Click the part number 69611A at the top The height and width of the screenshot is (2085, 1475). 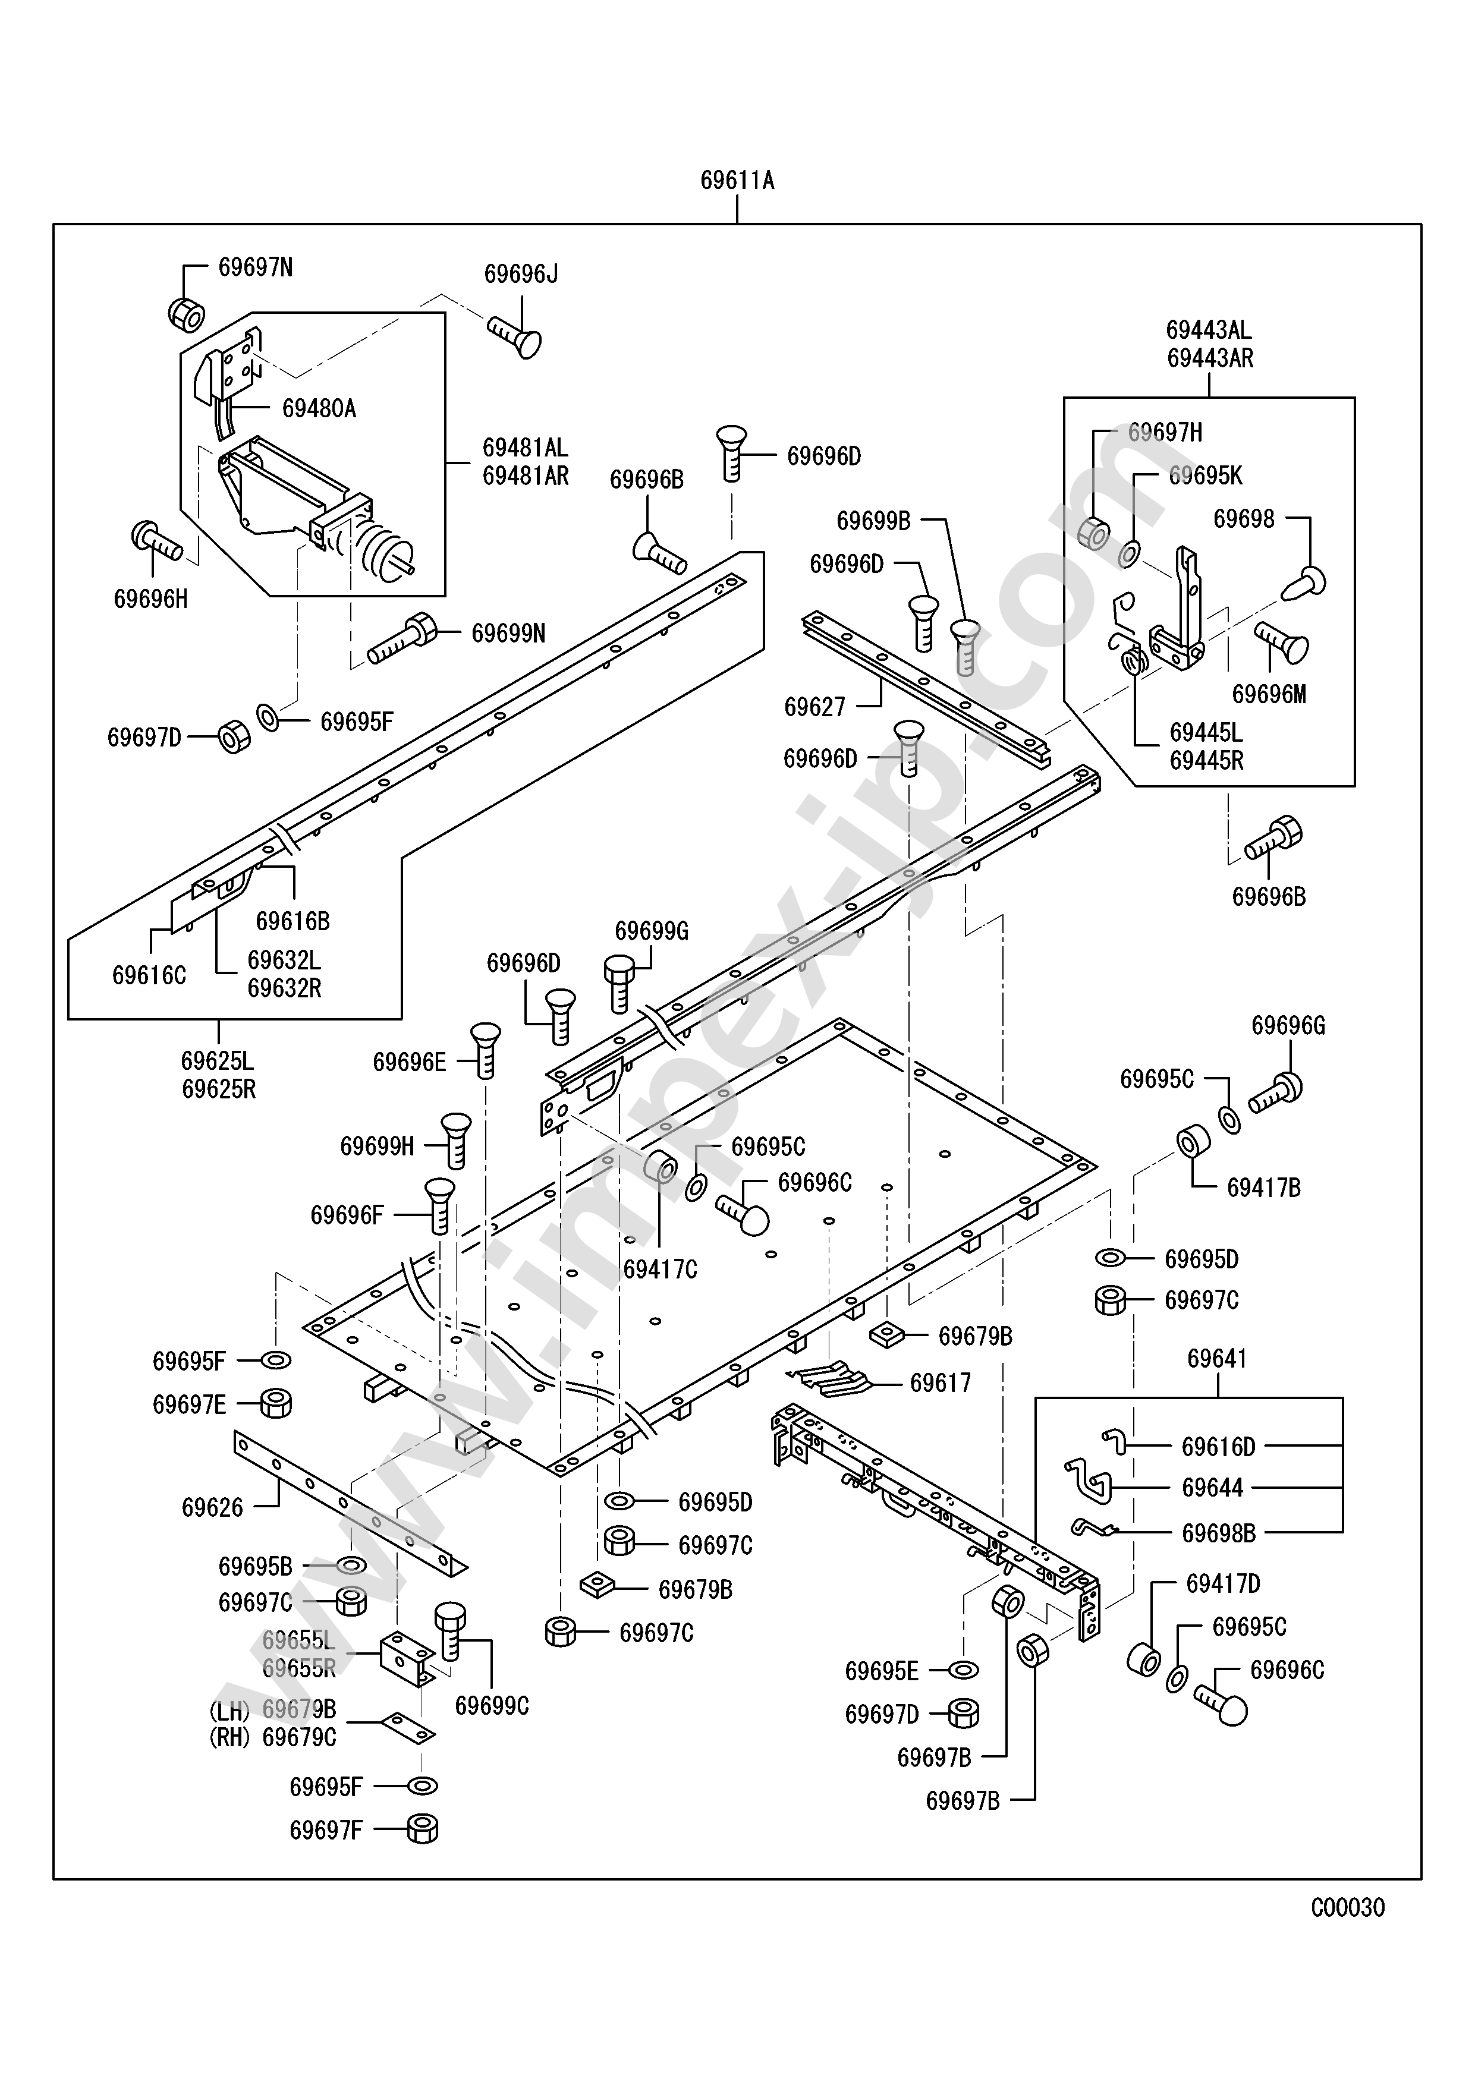pos(737,181)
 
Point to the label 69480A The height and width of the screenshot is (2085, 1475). pos(319,409)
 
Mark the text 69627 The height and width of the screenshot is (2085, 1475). pos(814,707)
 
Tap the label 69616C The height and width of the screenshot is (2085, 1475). pos(149,975)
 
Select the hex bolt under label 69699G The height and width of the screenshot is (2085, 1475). pos(619,982)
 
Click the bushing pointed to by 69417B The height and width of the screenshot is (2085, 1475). pos(1193,1142)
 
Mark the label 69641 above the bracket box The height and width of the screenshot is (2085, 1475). pos(1217,1359)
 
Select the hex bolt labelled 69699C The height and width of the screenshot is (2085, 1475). pos(451,1630)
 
